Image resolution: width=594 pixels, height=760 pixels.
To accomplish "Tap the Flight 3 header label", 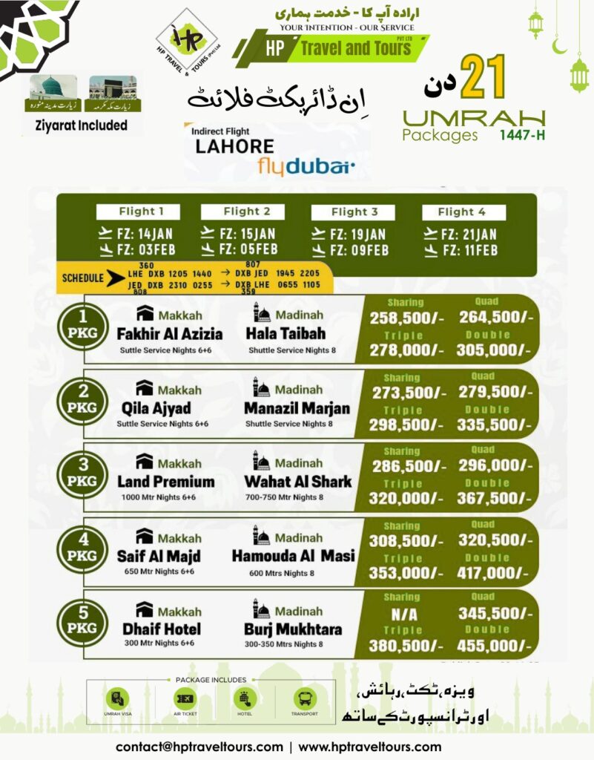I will pyautogui.click(x=354, y=212).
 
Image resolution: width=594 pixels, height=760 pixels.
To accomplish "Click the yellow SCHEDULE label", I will pyautogui.click(x=83, y=278).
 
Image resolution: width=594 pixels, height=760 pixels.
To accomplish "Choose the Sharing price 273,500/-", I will pyautogui.click(x=405, y=392).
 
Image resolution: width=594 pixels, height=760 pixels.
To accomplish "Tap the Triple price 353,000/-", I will pyautogui.click(x=405, y=572).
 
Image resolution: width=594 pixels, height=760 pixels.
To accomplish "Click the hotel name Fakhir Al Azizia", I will pyautogui.click(x=170, y=333).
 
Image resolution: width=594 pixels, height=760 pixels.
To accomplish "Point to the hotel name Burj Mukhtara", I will pyautogui.click(x=294, y=629).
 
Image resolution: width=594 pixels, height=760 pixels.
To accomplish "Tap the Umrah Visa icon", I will pyautogui.click(x=117, y=698).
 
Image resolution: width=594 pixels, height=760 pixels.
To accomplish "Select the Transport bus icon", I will pyautogui.click(x=304, y=698).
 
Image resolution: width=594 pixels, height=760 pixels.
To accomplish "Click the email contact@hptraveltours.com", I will pyautogui.click(x=199, y=747).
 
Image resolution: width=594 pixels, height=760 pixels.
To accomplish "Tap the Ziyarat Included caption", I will pyautogui.click(x=82, y=125).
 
